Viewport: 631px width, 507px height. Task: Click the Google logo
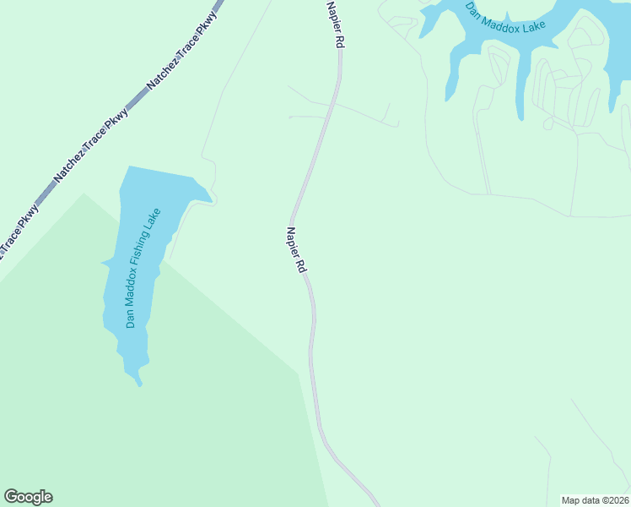click(x=28, y=497)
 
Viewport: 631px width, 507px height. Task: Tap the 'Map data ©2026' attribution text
click(x=595, y=499)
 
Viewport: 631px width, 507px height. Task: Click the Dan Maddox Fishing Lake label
click(x=143, y=270)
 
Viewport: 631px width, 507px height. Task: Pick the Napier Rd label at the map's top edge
click(x=336, y=23)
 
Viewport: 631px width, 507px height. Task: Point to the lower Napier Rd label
click(x=295, y=249)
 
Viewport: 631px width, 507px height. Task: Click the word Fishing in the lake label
click(x=143, y=264)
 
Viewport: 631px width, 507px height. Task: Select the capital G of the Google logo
click(x=11, y=496)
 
